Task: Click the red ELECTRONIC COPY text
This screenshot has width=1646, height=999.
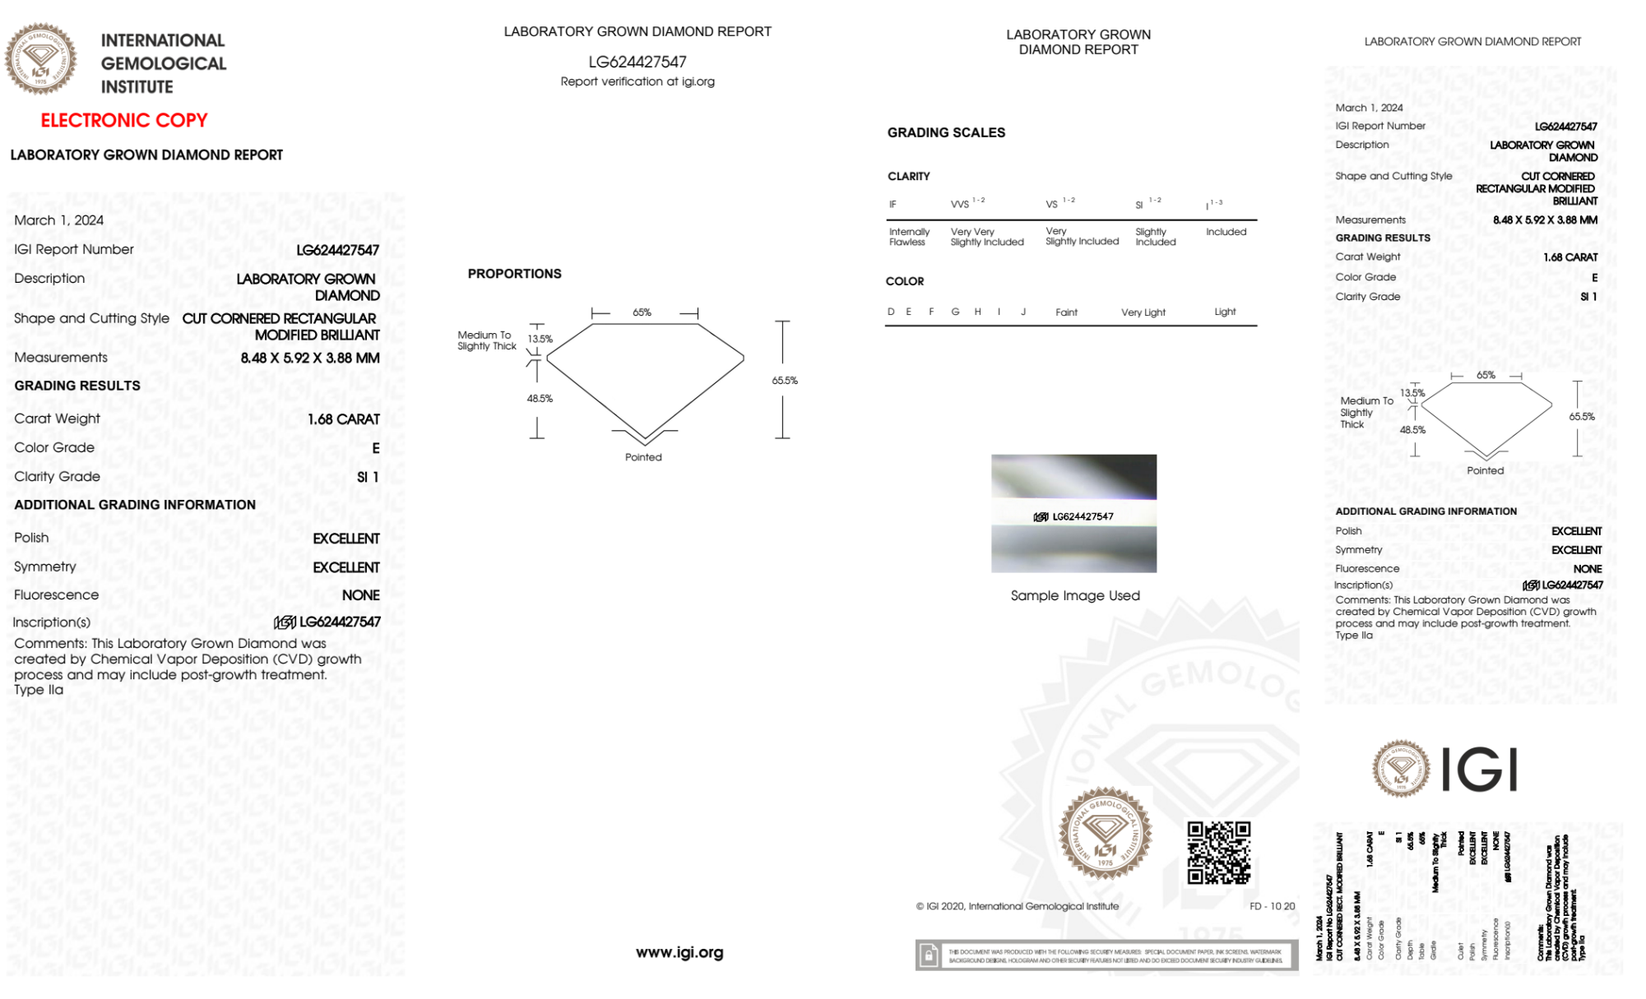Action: pyautogui.click(x=124, y=121)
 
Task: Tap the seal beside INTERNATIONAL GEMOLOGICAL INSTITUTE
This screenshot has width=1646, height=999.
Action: pyautogui.click(x=40, y=59)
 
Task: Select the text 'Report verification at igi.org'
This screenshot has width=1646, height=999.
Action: pyautogui.click(x=638, y=81)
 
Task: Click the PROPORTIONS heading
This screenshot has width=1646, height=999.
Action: pyautogui.click(x=514, y=274)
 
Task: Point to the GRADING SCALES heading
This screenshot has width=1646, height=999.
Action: pyautogui.click(x=946, y=132)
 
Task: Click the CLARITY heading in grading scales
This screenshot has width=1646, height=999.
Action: pyautogui.click(x=908, y=177)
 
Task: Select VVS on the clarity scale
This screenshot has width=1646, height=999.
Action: pyautogui.click(x=960, y=205)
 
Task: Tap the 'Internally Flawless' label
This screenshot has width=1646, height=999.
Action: pyautogui.click(x=908, y=237)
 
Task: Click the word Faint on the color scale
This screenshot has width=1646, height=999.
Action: pyautogui.click(x=1066, y=312)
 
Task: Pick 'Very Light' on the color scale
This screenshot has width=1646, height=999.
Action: pyautogui.click(x=1143, y=312)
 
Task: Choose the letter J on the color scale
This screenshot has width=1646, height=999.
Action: pyautogui.click(x=1023, y=312)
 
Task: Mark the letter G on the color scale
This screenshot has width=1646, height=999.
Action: pyautogui.click(x=955, y=312)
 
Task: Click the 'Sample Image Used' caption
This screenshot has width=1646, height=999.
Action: pyautogui.click(x=1075, y=596)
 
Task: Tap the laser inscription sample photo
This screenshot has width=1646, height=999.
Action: pyautogui.click(x=1073, y=513)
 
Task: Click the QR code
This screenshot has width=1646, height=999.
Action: pyautogui.click(x=1219, y=853)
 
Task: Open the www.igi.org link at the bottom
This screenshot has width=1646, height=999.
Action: pyautogui.click(x=679, y=953)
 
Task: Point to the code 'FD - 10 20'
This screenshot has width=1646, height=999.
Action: pyautogui.click(x=1272, y=906)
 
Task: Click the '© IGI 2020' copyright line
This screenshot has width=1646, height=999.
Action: pyautogui.click(x=1018, y=906)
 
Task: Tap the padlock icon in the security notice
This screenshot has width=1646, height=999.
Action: pyautogui.click(x=929, y=955)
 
